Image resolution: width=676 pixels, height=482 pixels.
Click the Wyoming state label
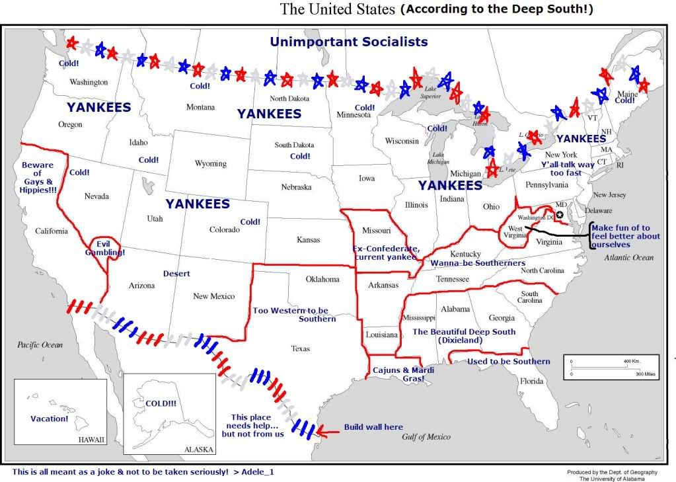pyautogui.click(x=211, y=163)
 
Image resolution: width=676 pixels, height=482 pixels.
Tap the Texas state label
pyautogui.click(x=301, y=348)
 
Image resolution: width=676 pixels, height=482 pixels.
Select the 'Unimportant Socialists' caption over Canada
pyautogui.click(x=348, y=42)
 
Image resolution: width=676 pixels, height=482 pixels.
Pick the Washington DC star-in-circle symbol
pyautogui.click(x=560, y=215)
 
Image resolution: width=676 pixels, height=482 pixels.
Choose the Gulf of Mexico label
pyautogui.click(x=426, y=437)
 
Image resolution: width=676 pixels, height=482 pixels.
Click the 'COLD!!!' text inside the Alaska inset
pyautogui.click(x=161, y=403)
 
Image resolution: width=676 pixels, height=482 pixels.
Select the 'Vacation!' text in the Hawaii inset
pyautogui.click(x=50, y=419)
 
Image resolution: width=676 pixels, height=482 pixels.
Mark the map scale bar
pyautogui.click(x=611, y=368)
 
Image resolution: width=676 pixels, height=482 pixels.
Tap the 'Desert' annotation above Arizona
pyautogui.click(x=176, y=274)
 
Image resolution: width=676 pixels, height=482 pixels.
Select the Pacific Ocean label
pyautogui.click(x=40, y=344)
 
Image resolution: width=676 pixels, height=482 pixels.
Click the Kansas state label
pyautogui.click(x=309, y=239)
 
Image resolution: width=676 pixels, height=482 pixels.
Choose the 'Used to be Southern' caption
pyautogui.click(x=508, y=362)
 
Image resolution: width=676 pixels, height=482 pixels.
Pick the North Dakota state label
pyautogui.click(x=289, y=99)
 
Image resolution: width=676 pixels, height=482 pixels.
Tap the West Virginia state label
pyautogui.click(x=515, y=233)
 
